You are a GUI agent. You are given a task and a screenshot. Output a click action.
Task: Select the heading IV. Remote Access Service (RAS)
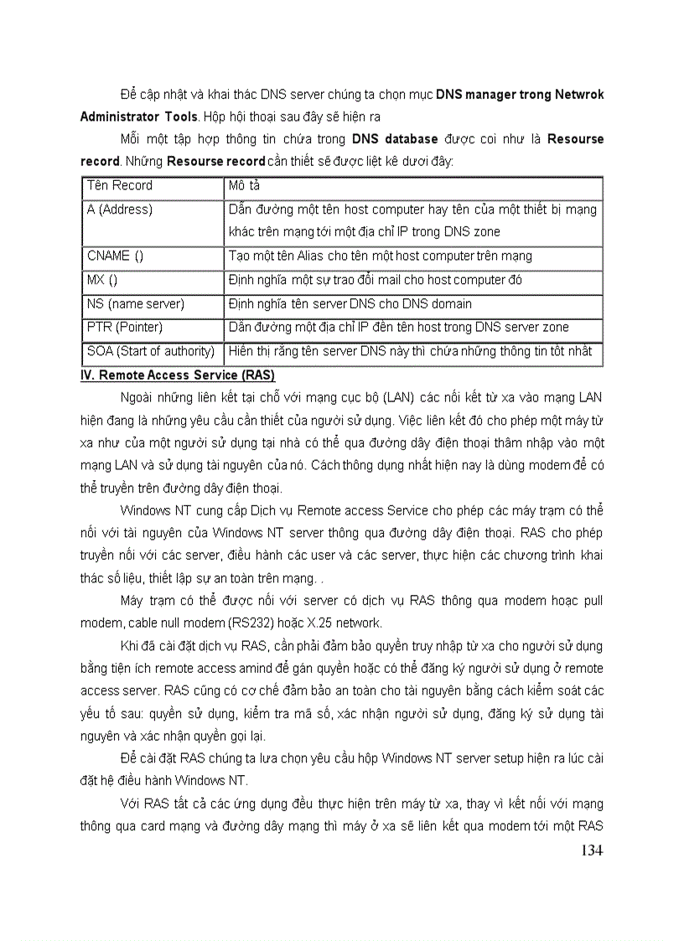[177, 375]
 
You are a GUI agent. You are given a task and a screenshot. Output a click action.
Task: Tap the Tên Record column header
[120, 185]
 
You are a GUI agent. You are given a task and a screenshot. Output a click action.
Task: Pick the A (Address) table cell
[120, 209]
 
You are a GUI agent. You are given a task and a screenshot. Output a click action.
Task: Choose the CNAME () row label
[116, 256]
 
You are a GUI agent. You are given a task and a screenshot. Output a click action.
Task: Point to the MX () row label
[102, 280]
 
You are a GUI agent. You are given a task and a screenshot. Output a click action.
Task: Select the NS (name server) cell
[136, 303]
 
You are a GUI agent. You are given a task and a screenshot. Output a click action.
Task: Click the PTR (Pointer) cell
[125, 327]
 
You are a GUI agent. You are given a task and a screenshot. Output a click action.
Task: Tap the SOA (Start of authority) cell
[151, 351]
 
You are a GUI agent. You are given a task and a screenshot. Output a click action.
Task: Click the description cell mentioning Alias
[380, 256]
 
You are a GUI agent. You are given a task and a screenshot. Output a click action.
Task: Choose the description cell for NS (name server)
[350, 303]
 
